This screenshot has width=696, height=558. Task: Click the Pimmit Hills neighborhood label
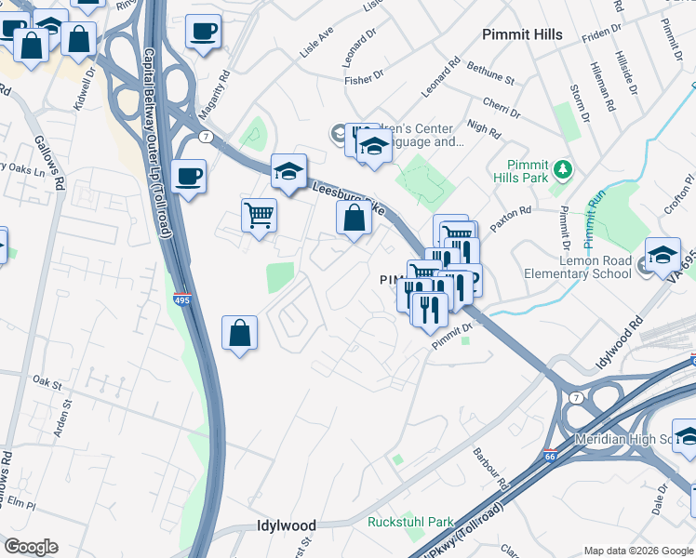[522, 34]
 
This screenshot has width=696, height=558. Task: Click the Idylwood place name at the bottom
[287, 525]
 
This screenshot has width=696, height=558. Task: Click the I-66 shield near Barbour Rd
[551, 456]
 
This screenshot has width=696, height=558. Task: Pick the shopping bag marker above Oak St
[240, 332]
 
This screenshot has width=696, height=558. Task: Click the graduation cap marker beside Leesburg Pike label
[289, 171]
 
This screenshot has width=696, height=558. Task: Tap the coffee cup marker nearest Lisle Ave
[202, 33]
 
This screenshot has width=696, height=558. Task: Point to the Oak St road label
[46, 381]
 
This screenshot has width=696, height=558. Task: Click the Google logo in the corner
[31, 547]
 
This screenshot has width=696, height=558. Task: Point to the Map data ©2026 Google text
[637, 551]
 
